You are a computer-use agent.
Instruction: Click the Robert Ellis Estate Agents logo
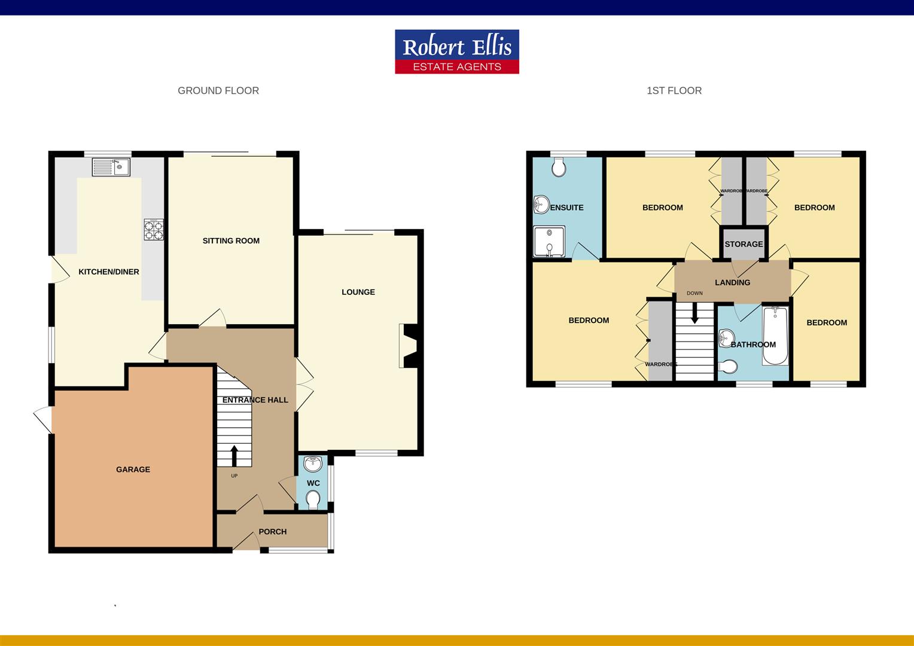tap(457, 52)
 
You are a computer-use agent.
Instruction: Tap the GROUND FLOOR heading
tap(218, 91)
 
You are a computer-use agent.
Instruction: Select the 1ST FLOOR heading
tap(674, 91)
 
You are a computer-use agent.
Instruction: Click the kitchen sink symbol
tap(111, 167)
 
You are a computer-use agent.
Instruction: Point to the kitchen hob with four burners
tap(154, 230)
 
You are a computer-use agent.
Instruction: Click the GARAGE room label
tap(133, 470)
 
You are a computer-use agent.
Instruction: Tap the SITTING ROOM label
tap(231, 241)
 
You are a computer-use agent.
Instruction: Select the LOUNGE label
tap(358, 292)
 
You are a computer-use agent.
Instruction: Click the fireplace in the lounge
tap(410, 346)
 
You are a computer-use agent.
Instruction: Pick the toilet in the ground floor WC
tap(313, 499)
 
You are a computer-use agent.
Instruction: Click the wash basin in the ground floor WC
tap(313, 464)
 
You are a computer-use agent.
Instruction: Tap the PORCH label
tap(273, 532)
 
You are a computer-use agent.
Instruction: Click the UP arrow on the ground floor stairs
tap(234, 456)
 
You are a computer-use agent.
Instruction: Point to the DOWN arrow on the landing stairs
tap(694, 313)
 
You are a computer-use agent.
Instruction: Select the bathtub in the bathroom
tap(775, 336)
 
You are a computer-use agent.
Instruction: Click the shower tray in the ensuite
tap(549, 242)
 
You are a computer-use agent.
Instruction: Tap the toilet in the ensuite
tap(559, 167)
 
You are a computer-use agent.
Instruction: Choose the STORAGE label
tap(744, 244)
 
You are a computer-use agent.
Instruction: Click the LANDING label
tap(732, 282)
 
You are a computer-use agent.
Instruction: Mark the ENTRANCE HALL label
tap(255, 400)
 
